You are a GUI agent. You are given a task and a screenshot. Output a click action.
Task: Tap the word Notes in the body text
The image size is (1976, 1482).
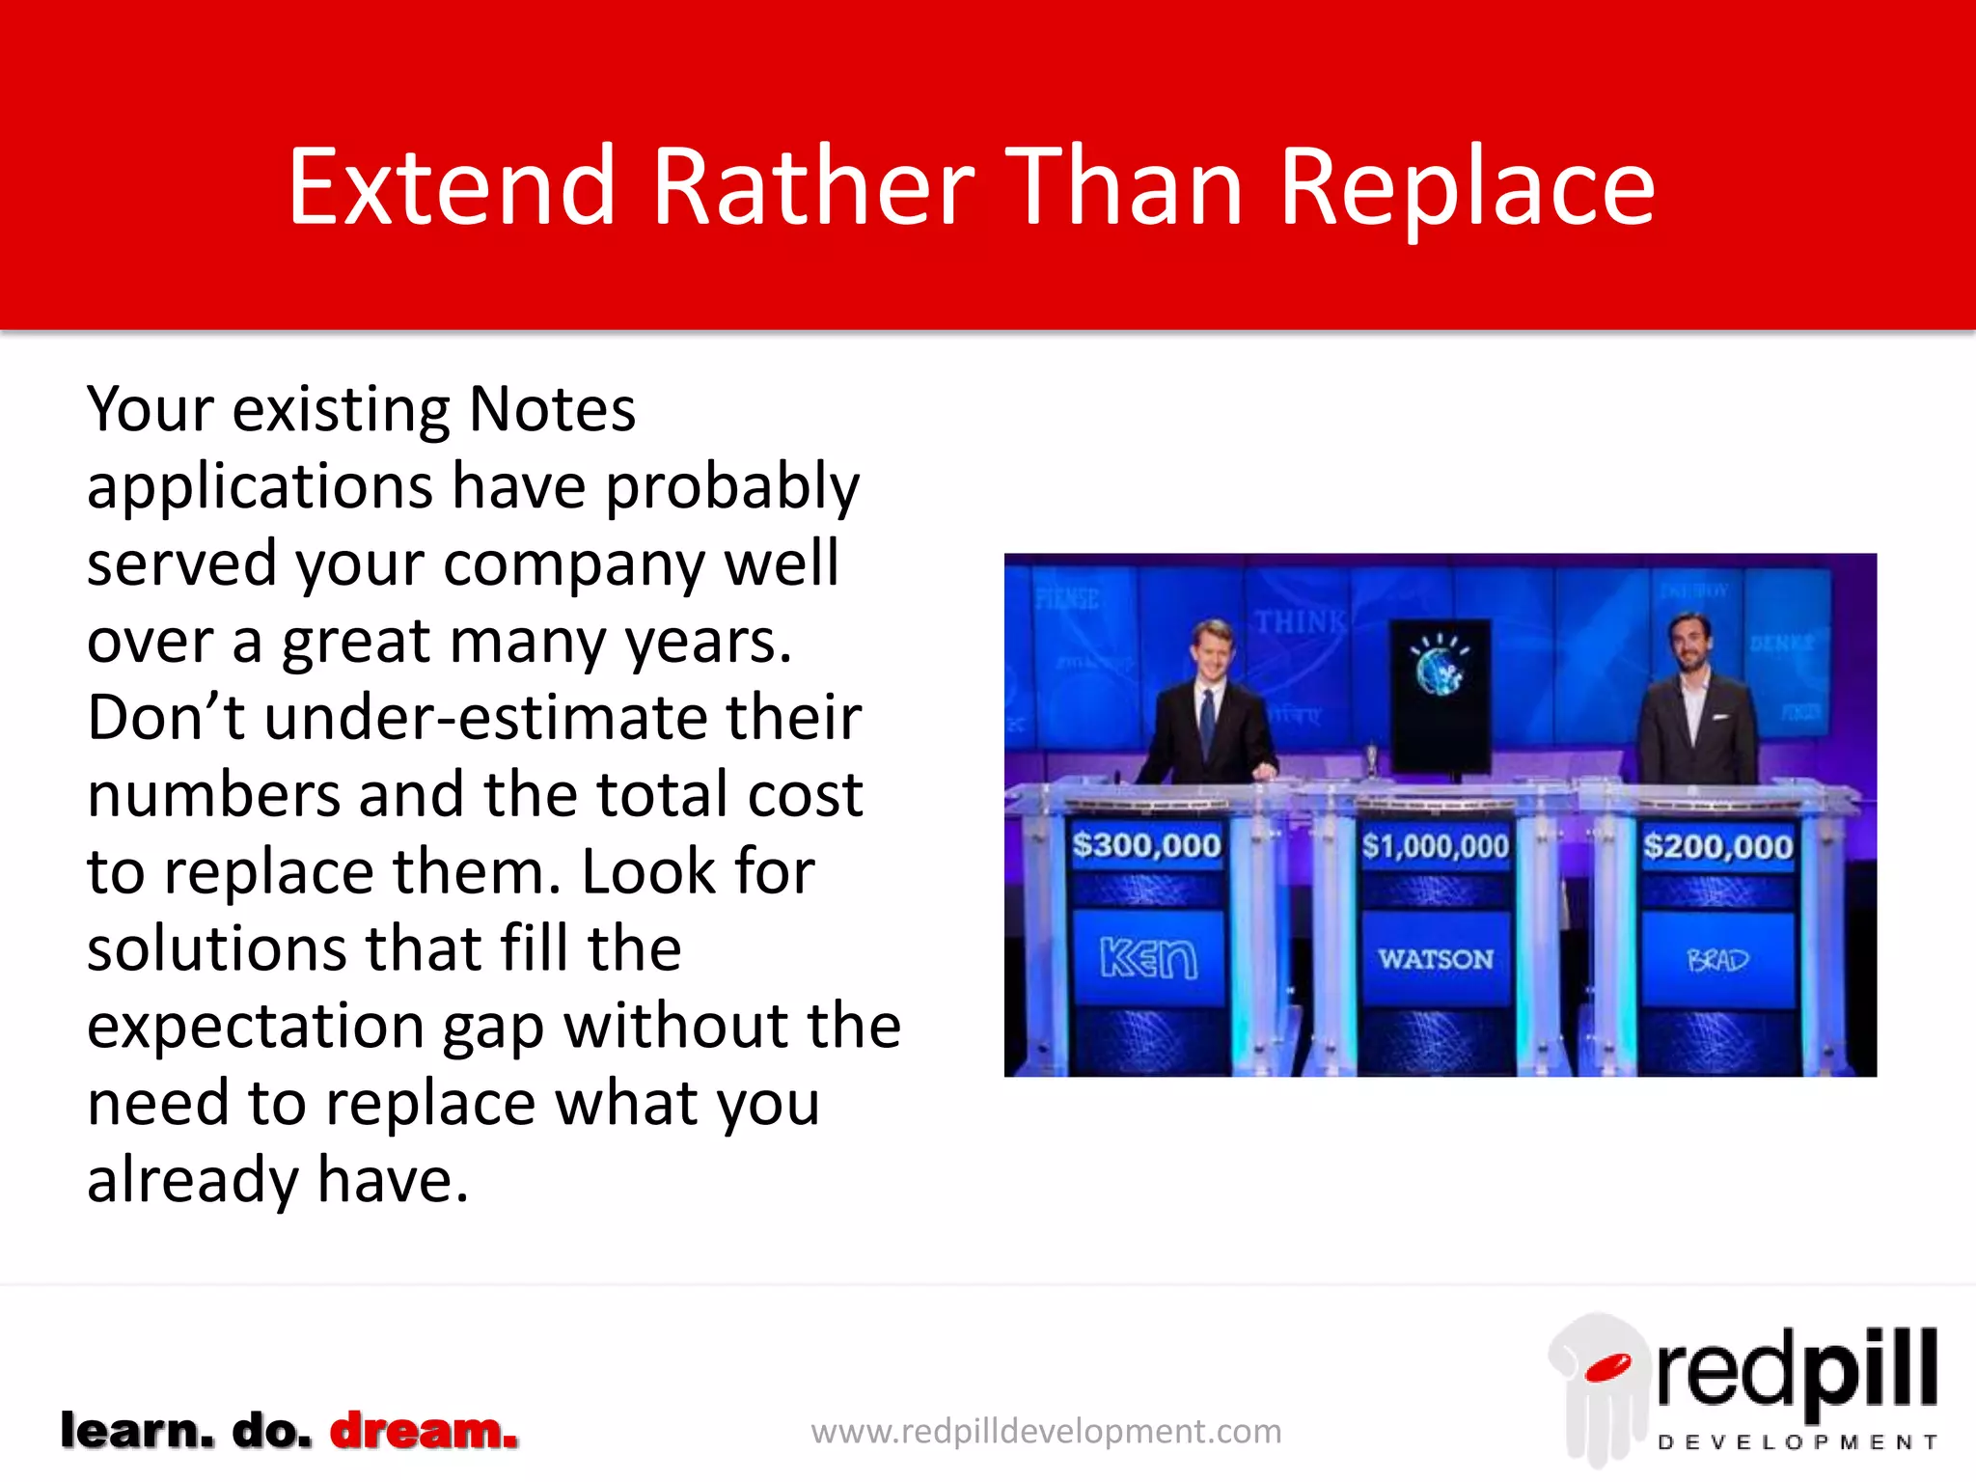pos(552,410)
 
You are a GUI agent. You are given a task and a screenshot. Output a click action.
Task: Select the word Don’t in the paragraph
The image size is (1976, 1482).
pos(166,718)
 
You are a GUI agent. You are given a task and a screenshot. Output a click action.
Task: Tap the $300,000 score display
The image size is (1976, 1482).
pos(1146,846)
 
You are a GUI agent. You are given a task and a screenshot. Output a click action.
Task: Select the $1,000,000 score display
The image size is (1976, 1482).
pos(1435,847)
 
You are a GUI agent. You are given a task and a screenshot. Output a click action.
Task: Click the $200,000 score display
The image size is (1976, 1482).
pos(1717,847)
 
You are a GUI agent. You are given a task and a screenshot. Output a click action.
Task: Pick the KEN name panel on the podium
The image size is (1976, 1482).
pos(1148,959)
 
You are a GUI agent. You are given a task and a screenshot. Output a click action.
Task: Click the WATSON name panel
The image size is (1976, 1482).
pos(1435,959)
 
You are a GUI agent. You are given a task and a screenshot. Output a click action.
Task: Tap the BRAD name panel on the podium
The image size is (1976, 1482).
pos(1717,960)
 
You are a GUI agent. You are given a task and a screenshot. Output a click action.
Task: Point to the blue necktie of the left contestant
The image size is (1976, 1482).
pos(1207,724)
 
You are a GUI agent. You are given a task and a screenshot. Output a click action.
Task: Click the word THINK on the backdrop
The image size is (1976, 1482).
pos(1299,623)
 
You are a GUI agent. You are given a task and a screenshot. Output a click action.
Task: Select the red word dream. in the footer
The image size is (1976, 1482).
pos(425,1430)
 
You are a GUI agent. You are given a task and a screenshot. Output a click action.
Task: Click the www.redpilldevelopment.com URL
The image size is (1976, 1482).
pos(1046,1431)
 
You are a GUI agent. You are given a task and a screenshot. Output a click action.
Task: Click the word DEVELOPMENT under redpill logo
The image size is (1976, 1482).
pos(1797,1442)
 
